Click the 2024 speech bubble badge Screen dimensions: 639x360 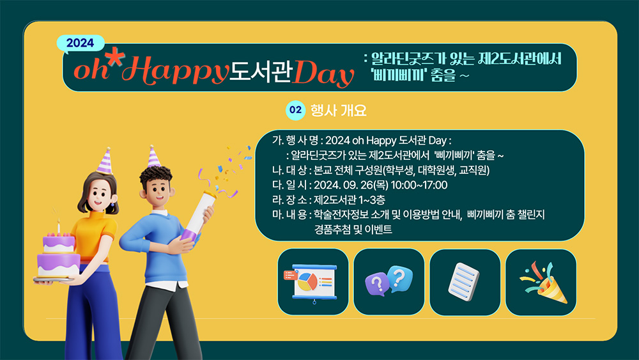[x=81, y=43]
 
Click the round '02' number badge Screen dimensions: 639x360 [x=295, y=110]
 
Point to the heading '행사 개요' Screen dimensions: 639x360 [x=339, y=111]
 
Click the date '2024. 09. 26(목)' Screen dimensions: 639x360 [x=351, y=185]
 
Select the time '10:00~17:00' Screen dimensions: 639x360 [x=419, y=185]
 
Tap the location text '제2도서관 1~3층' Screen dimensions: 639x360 [x=350, y=200]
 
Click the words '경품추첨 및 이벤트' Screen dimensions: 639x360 [x=353, y=230]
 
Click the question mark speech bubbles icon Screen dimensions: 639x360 [x=389, y=281]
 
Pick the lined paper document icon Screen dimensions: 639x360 [x=464, y=282]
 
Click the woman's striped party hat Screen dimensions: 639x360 [x=105, y=161]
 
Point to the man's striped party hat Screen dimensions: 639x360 [x=153, y=157]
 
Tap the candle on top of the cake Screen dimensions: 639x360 [x=59, y=226]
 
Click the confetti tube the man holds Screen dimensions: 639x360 [x=198, y=217]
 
